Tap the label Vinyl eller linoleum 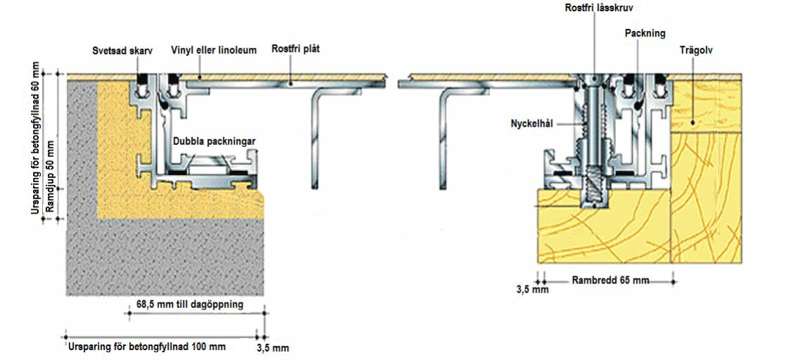(214, 50)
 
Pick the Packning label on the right (645, 33)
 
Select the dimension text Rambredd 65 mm (610, 281)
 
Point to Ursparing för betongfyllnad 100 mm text (148, 346)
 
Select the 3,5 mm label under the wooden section (531, 290)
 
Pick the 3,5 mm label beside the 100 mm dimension (273, 348)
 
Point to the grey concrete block (162, 260)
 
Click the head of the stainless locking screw (593, 78)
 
